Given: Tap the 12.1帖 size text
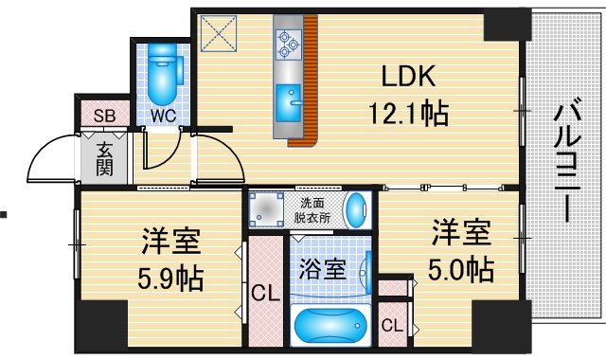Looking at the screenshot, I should click(408, 116).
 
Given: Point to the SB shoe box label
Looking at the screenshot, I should click(104, 116).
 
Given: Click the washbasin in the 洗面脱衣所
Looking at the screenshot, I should click(357, 209).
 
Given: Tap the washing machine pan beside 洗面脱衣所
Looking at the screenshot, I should click(268, 209).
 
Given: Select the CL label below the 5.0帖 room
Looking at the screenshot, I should click(391, 326).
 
